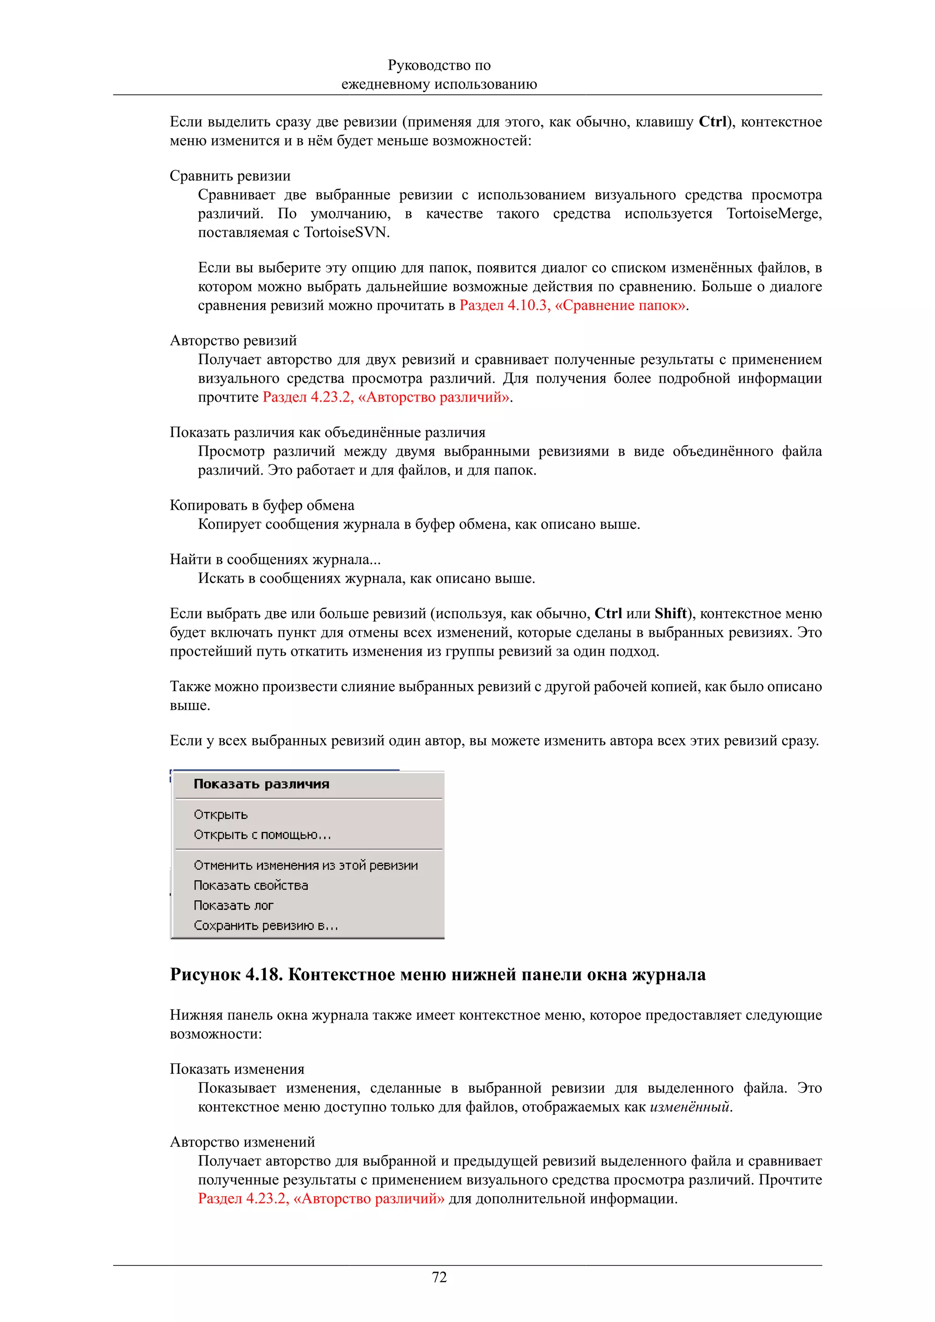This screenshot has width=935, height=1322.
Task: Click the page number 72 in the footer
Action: pyautogui.click(x=439, y=1277)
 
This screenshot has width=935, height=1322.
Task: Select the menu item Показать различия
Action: pyautogui.click(x=261, y=784)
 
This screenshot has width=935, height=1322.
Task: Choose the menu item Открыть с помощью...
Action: pyautogui.click(x=262, y=834)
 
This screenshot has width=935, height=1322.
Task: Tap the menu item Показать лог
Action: pyautogui.click(x=233, y=905)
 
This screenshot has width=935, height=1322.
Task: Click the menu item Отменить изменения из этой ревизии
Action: pyautogui.click(x=305, y=865)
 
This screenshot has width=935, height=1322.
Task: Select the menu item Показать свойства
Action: pyautogui.click(x=251, y=885)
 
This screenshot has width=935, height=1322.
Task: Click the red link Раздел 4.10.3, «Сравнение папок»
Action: pyautogui.click(x=572, y=305)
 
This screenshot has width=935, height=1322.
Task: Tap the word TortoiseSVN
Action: pyautogui.click(x=346, y=233)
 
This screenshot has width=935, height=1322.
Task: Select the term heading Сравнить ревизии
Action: pyautogui.click(x=230, y=176)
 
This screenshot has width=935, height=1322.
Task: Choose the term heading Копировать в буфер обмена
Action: pyautogui.click(x=262, y=505)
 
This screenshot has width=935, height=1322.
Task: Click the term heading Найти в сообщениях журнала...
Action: pyautogui.click(x=274, y=559)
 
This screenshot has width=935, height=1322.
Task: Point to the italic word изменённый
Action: pyautogui.click(x=689, y=1107)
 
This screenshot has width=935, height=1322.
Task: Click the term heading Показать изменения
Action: pyautogui.click(x=237, y=1069)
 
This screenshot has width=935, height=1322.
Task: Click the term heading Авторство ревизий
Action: pyautogui.click(x=233, y=340)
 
